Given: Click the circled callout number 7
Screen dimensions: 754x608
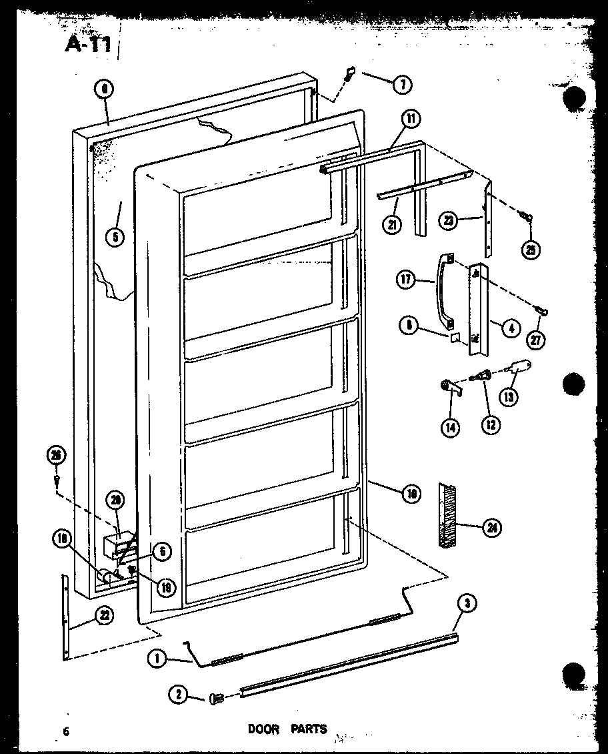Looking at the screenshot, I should click(402, 85).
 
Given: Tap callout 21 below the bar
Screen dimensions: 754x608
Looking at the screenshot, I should click(393, 224).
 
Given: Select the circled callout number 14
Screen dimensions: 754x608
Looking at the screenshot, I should click(450, 427).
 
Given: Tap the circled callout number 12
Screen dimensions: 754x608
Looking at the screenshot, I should click(491, 423).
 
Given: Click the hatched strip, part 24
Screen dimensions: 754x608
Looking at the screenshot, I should click(446, 516).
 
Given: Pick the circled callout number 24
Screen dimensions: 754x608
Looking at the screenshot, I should click(492, 528).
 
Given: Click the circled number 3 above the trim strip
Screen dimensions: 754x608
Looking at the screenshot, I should click(468, 603).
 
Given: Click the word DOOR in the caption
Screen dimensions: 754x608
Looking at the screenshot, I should click(263, 729).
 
